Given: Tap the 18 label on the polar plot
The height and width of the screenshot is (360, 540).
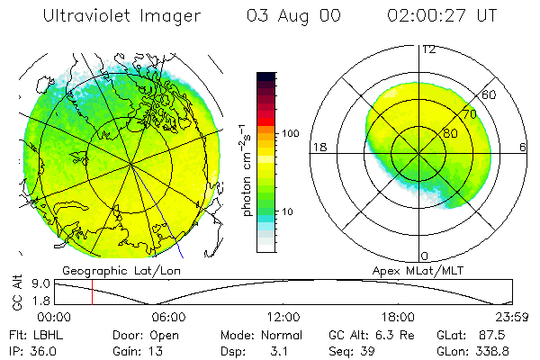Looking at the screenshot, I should coord(318,147).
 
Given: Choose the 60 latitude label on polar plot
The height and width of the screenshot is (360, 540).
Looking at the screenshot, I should coord(489,94).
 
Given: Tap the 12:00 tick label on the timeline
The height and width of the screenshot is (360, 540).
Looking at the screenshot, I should coord(283,317).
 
